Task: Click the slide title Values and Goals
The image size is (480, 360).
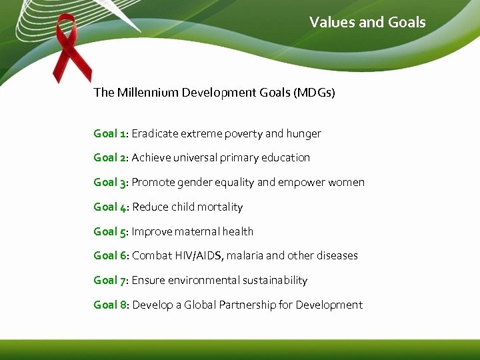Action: click(367, 23)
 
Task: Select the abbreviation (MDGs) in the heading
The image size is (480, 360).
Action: click(313, 93)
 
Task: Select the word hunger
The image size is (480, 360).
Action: click(304, 133)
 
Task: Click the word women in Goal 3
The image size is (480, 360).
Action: click(347, 183)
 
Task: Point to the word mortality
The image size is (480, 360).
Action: click(220, 207)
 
